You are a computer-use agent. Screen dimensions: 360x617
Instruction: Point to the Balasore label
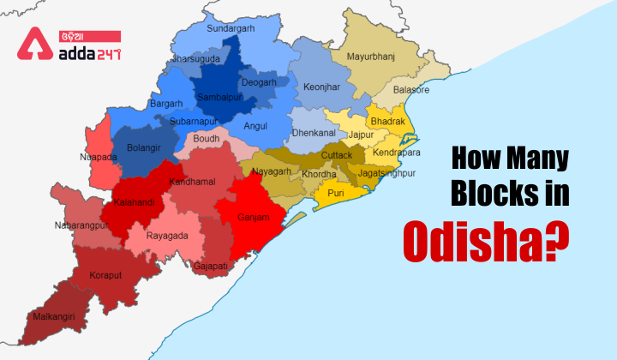(411, 90)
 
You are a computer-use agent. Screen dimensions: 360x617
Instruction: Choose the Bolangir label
(143, 147)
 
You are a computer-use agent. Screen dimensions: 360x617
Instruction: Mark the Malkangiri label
(54, 316)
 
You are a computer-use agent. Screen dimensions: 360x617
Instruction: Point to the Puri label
(336, 194)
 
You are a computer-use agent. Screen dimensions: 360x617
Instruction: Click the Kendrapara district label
(397, 153)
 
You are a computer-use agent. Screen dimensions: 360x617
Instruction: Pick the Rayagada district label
(166, 234)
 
